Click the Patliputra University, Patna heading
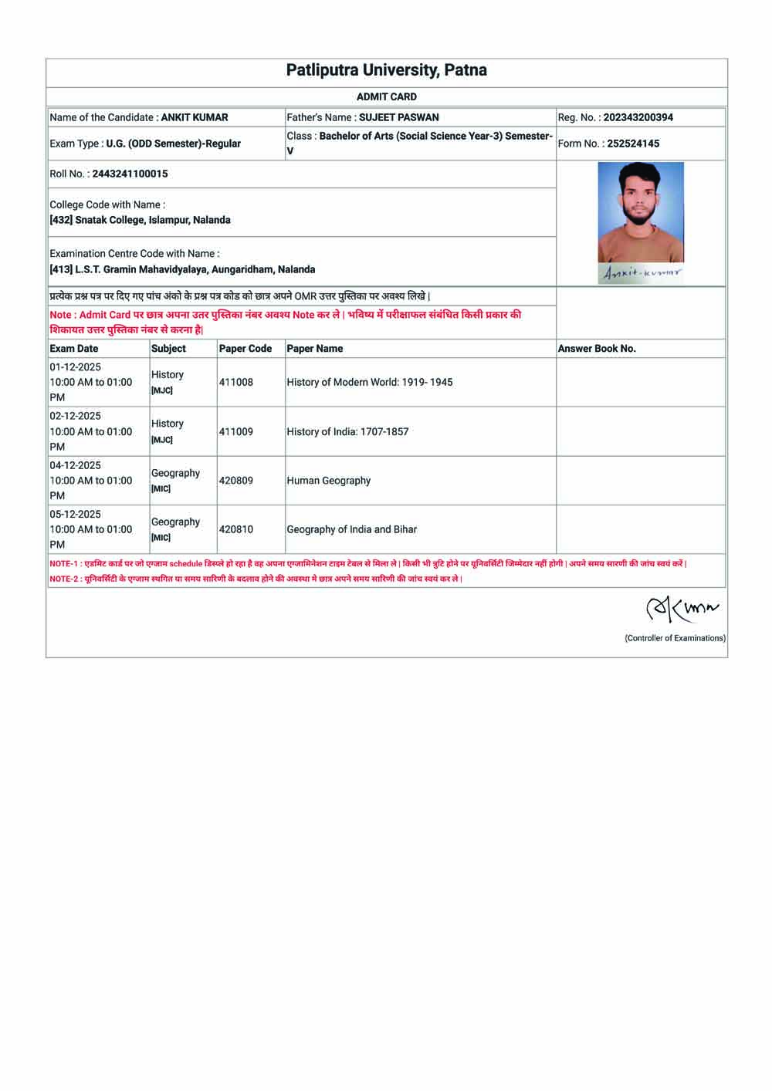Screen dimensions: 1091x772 tap(386, 70)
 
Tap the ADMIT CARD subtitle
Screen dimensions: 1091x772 tap(386, 96)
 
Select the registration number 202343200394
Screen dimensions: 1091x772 tap(638, 117)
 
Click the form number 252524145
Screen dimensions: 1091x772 tap(633, 144)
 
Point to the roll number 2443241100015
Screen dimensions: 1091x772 tap(130, 174)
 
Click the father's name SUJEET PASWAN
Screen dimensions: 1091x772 tap(398, 117)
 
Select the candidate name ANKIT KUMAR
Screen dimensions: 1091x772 tap(195, 117)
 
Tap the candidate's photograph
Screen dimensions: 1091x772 tap(641, 212)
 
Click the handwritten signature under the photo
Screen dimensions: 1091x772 tap(642, 273)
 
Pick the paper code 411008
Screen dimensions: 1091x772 tap(235, 382)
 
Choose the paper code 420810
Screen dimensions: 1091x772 tap(235, 529)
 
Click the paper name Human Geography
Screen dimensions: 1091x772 tap(328, 480)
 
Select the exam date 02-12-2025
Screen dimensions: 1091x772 tap(75, 416)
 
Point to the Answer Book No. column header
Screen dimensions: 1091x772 tap(597, 349)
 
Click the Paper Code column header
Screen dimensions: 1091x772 tap(245, 349)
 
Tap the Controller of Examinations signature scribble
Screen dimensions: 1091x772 tap(682, 610)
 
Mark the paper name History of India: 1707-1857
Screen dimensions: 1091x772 tap(347, 431)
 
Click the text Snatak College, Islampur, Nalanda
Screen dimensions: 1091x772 tap(152, 220)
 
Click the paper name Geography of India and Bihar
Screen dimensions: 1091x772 tap(351, 529)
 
